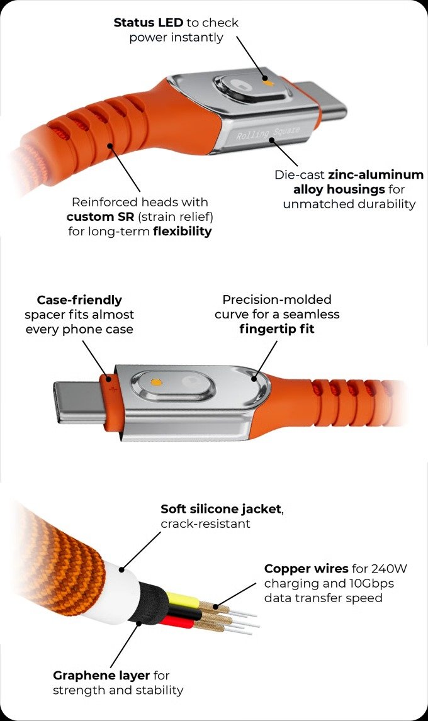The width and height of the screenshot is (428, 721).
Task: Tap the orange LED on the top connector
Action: coord(268,82)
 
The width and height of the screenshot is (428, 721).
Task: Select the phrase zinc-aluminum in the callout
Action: coord(376,174)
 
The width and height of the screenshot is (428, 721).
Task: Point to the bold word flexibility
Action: coord(182,232)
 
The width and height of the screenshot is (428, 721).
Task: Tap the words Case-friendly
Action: coord(79,300)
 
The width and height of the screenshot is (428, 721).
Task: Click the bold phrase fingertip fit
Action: coord(276,328)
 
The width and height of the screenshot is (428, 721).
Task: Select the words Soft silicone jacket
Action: coord(220,509)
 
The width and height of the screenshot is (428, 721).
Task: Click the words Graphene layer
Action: coord(101,676)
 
